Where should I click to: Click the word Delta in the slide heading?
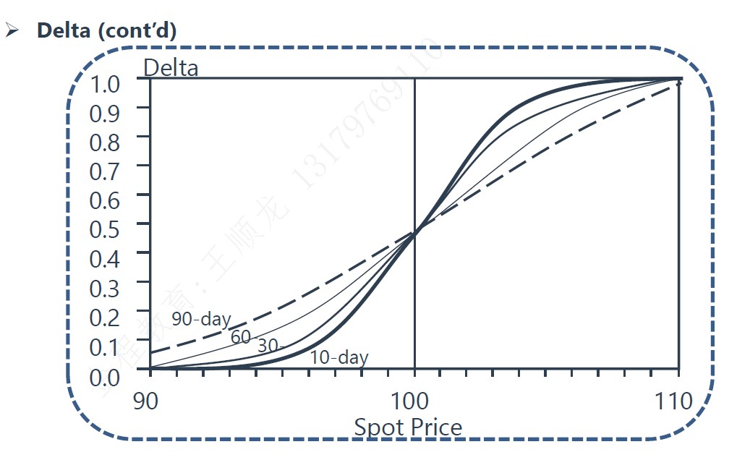[64, 30]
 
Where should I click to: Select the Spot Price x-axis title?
[408, 427]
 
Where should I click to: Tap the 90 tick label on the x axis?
[147, 400]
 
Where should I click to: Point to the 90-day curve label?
[201, 319]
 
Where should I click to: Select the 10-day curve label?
[339, 357]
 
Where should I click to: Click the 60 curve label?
[241, 336]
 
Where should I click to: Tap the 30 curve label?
[270, 346]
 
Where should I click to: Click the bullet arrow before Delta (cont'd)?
[12, 31]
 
